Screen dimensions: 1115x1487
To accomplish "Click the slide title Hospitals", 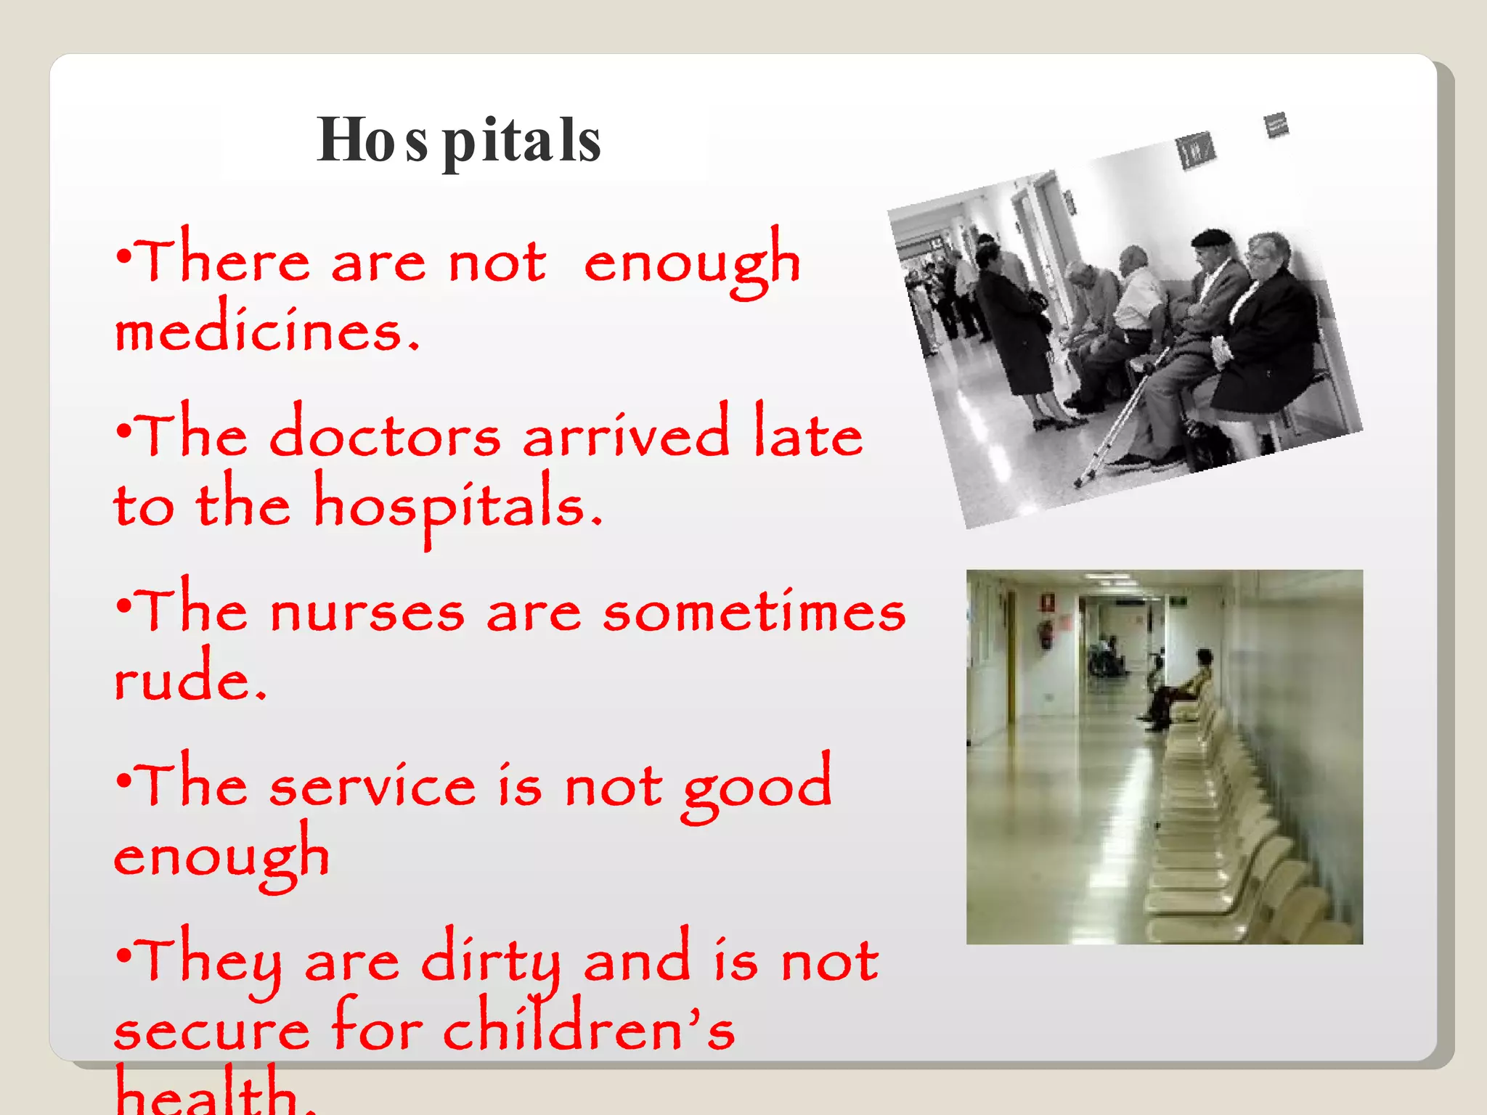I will tap(459, 140).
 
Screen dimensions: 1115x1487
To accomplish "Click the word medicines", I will tap(266, 330).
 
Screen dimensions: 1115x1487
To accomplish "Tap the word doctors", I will tap(385, 436).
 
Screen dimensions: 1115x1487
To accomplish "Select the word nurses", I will tap(367, 611).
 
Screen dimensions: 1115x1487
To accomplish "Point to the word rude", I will tap(190, 679).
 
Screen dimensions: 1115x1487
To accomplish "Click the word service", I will tap(372, 785).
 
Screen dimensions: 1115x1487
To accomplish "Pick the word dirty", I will tap(492, 962).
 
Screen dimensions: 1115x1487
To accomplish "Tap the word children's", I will tap(588, 1029).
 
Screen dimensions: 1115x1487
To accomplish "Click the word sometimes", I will tap(754, 611).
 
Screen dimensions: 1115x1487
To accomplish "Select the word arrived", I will tap(625, 436).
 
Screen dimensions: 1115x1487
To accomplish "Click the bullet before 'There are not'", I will tap(124, 257).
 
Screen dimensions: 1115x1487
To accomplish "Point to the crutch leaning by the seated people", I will tap(1122, 421).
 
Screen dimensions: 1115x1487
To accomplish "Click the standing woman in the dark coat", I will tap(1013, 327).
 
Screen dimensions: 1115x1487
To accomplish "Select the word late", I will tap(808, 434).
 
